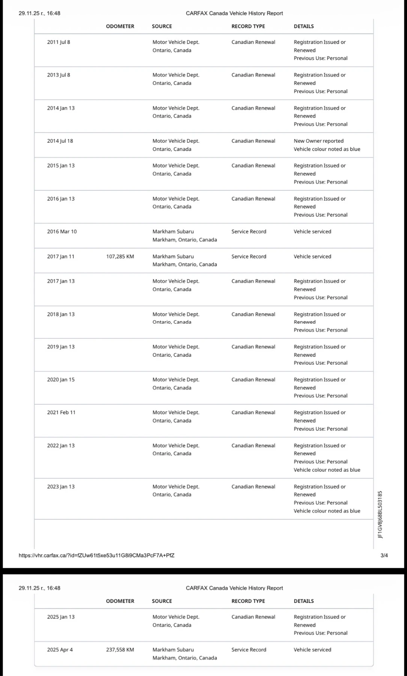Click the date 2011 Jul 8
(59, 42)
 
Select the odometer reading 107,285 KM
(120, 257)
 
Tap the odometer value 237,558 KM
(120, 650)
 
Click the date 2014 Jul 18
(60, 141)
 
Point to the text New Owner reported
(318, 141)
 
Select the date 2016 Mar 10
(62, 232)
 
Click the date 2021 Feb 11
(61, 412)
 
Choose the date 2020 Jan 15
(61, 380)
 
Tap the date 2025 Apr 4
(60, 650)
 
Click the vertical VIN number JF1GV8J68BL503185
(380, 515)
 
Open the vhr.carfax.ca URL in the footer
(96, 555)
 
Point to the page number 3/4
(384, 555)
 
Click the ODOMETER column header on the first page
(120, 26)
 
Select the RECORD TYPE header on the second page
(248, 601)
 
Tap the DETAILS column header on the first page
(304, 26)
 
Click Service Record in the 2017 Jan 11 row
(249, 257)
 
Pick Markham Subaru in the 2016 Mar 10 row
(173, 232)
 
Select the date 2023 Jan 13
(61, 487)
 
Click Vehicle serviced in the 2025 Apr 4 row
(312, 650)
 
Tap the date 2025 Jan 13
(61, 617)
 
